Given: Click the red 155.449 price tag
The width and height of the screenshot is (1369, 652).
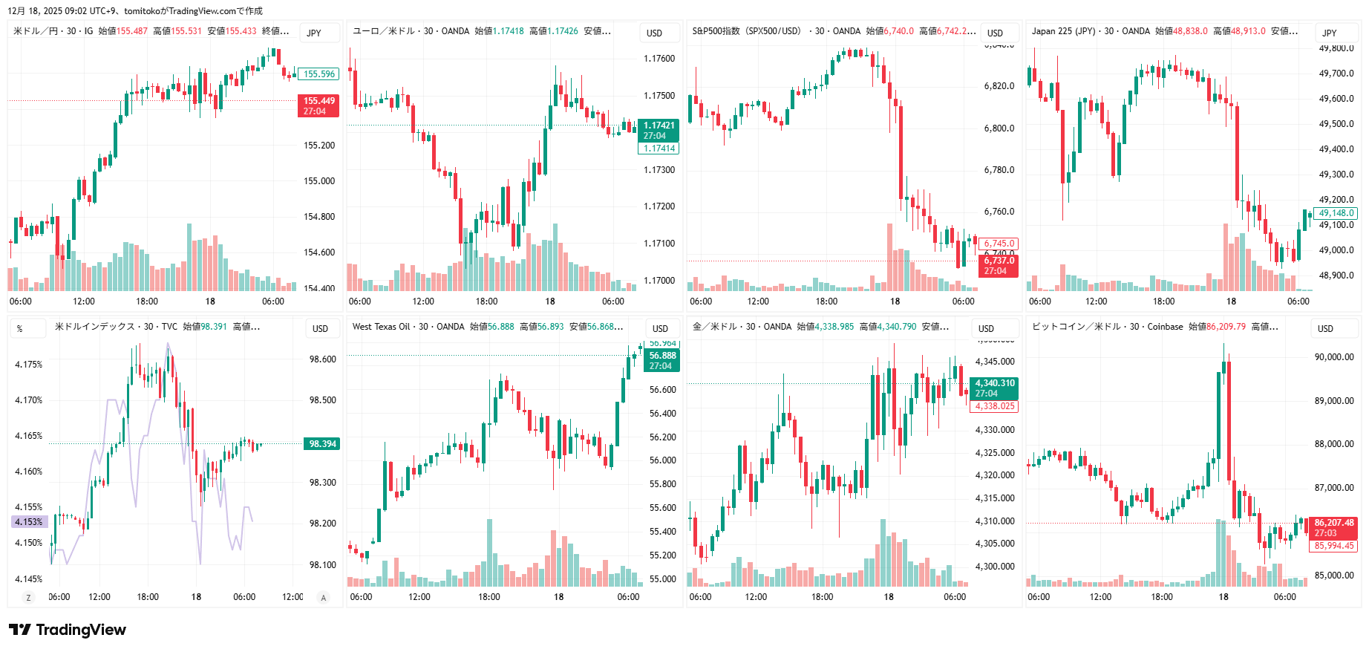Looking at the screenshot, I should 318,105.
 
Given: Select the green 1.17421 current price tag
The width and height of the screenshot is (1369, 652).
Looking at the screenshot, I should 659,130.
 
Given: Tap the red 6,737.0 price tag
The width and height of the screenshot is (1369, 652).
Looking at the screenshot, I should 999,265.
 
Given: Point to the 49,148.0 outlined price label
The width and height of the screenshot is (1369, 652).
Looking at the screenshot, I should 1336,213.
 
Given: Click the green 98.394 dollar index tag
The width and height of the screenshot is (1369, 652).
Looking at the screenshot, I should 321,444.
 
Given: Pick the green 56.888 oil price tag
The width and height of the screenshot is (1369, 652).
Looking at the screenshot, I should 661,360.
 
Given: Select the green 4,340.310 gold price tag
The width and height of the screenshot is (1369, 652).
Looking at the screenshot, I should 994,388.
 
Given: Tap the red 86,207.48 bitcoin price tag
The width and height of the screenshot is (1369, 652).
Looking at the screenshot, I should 1333,527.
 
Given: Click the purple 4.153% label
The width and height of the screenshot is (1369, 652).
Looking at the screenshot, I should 29,522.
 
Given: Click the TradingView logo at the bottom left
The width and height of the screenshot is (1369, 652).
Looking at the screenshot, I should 68,630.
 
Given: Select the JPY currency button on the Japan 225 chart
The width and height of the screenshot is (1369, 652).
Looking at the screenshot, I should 1329,33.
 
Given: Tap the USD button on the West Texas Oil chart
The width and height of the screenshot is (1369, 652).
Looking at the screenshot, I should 660,328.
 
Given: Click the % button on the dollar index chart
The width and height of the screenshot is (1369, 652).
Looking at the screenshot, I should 20,328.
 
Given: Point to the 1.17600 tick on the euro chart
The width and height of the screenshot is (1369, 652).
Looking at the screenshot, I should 659,59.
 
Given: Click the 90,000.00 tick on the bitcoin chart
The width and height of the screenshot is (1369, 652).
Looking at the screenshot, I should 1333,357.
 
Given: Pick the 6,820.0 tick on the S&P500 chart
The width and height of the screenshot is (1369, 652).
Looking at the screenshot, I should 999,86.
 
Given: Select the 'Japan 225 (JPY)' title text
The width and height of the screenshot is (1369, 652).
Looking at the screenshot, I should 1062,31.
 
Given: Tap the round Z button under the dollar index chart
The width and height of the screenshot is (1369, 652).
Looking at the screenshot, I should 29,597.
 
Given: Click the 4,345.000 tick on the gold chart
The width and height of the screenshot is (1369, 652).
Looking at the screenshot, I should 994,362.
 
